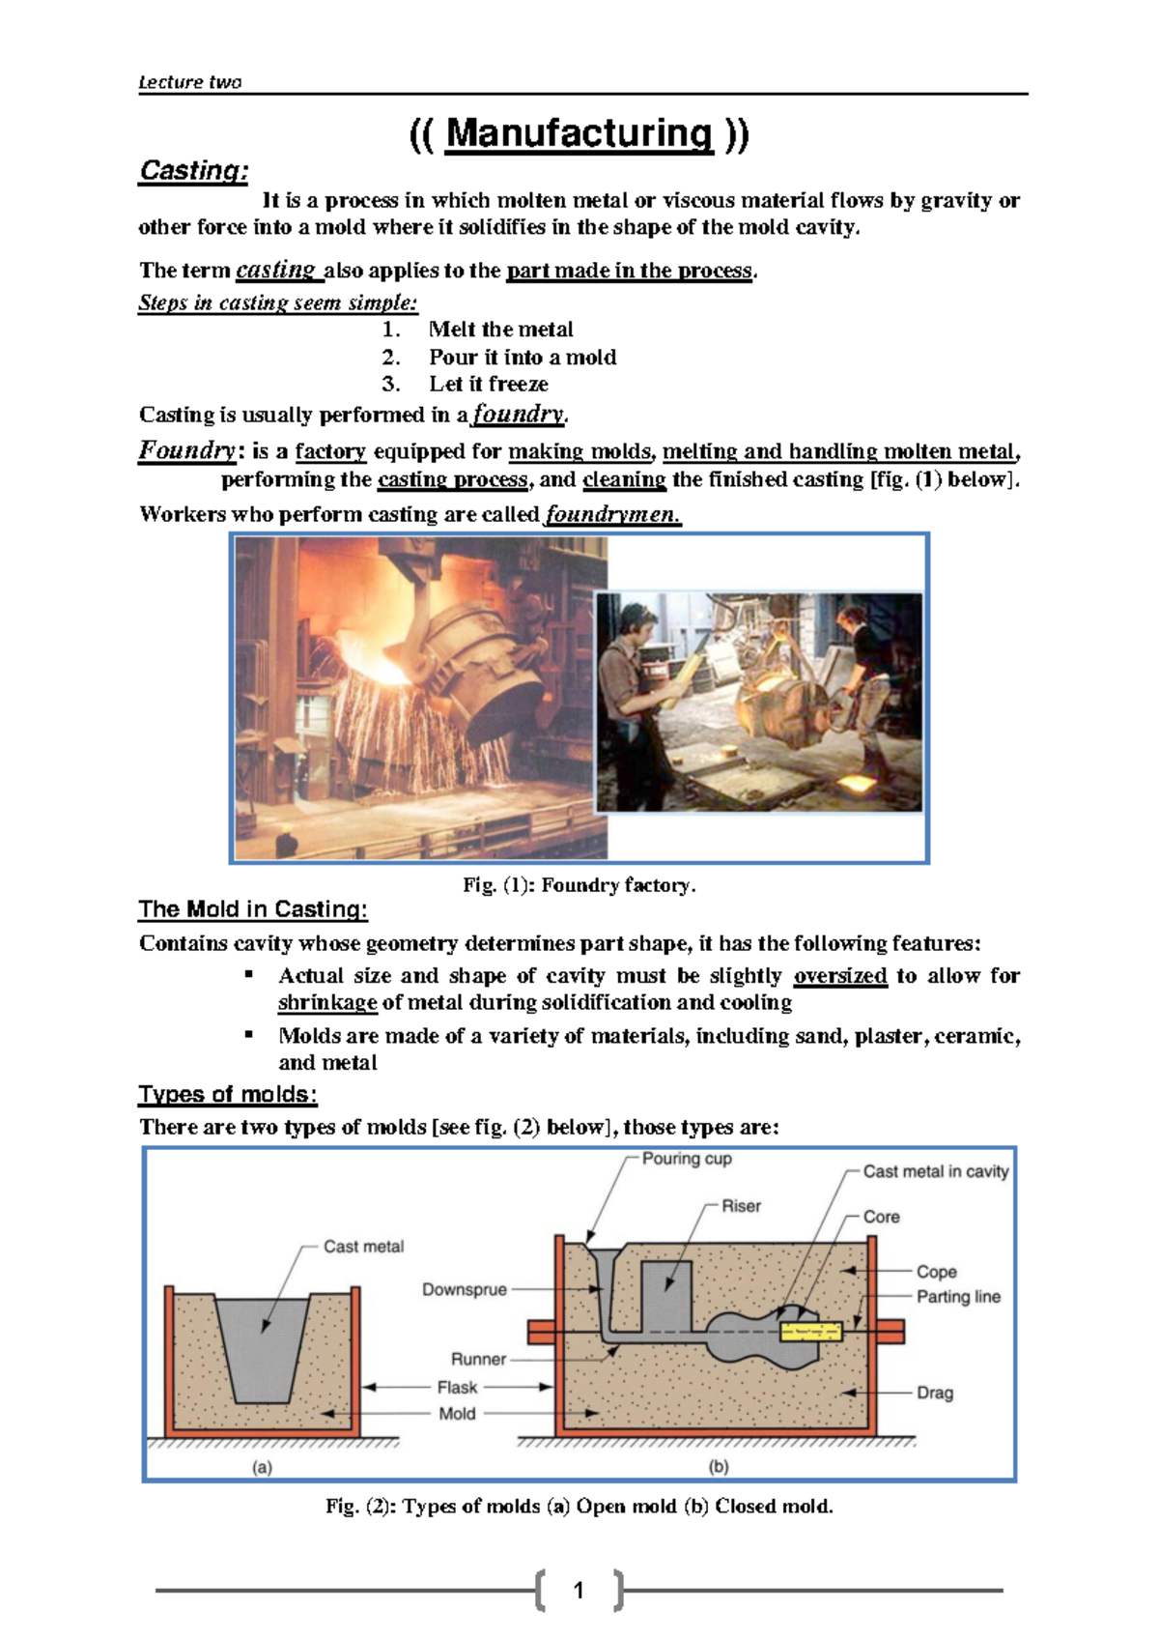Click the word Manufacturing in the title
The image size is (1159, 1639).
[579, 133]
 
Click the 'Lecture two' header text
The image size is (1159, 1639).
[189, 82]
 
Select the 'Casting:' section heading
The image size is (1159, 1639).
[194, 171]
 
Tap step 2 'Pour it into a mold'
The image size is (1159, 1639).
[522, 357]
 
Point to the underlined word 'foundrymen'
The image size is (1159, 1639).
[612, 514]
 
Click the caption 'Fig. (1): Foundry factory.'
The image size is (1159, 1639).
[579, 885]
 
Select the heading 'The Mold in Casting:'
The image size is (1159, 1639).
[253, 909]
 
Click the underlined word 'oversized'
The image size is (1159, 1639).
[839, 976]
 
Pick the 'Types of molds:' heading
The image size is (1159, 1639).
[228, 1095]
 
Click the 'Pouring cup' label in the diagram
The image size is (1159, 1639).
[687, 1159]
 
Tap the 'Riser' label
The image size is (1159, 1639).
[741, 1206]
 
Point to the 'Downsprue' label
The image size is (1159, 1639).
[464, 1289]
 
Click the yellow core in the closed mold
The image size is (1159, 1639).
[810, 1332]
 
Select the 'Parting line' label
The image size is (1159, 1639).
[957, 1297]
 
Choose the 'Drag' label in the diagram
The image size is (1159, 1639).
[934, 1393]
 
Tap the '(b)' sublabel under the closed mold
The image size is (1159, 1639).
[719, 1466]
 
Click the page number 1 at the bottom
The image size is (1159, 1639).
[579, 1590]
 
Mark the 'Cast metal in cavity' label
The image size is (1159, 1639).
[934, 1171]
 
